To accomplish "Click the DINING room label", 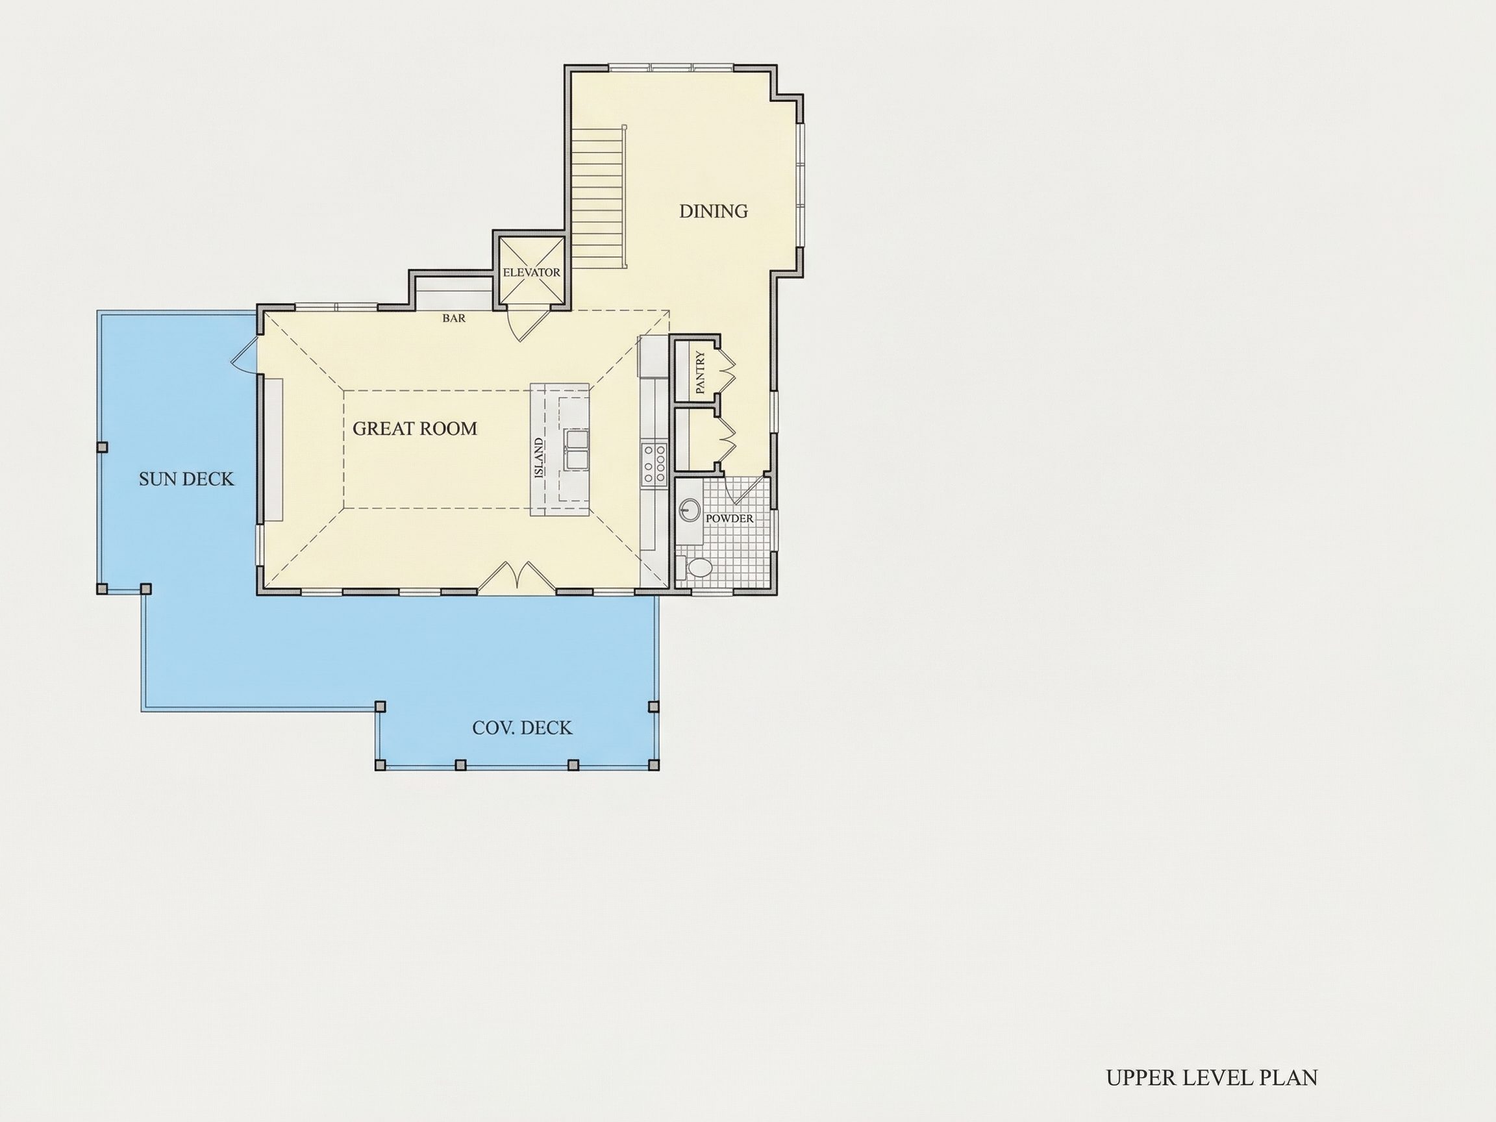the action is click(x=714, y=212).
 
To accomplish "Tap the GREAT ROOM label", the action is click(x=414, y=429).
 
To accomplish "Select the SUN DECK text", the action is click(x=186, y=479).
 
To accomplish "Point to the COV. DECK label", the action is click(x=522, y=728).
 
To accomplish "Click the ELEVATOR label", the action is click(x=532, y=273).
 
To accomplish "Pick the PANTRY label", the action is click(x=700, y=373).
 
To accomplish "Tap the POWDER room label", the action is click(x=729, y=519).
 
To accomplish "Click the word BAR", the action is click(x=454, y=318).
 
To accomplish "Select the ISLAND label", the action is click(x=539, y=458).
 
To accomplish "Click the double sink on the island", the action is click(x=577, y=449).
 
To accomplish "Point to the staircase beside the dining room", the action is click(x=601, y=197).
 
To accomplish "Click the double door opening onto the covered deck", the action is click(x=517, y=577).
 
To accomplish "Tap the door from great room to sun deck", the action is click(x=245, y=355).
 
